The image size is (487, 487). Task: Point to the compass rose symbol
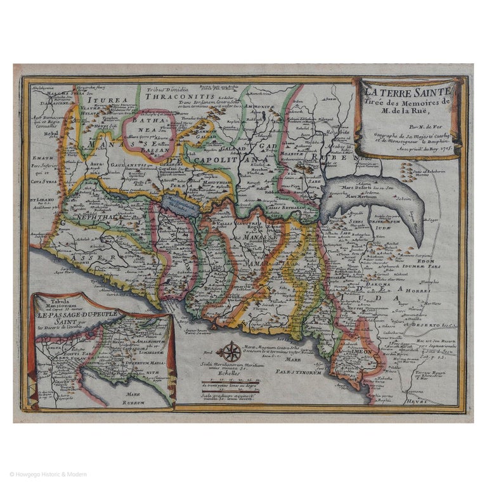(230, 351)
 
